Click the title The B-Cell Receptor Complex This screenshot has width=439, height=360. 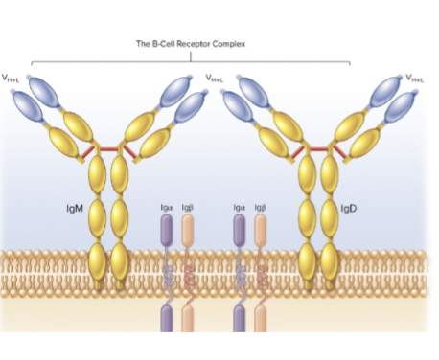point(192,42)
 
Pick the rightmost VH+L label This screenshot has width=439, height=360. point(414,77)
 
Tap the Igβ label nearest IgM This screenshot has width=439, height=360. point(188,206)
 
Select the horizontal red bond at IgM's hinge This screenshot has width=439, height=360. point(108,151)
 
